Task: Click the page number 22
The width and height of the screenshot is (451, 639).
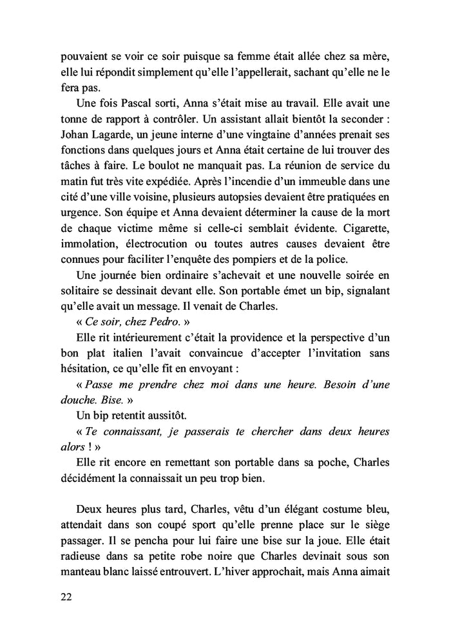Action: coord(64,596)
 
